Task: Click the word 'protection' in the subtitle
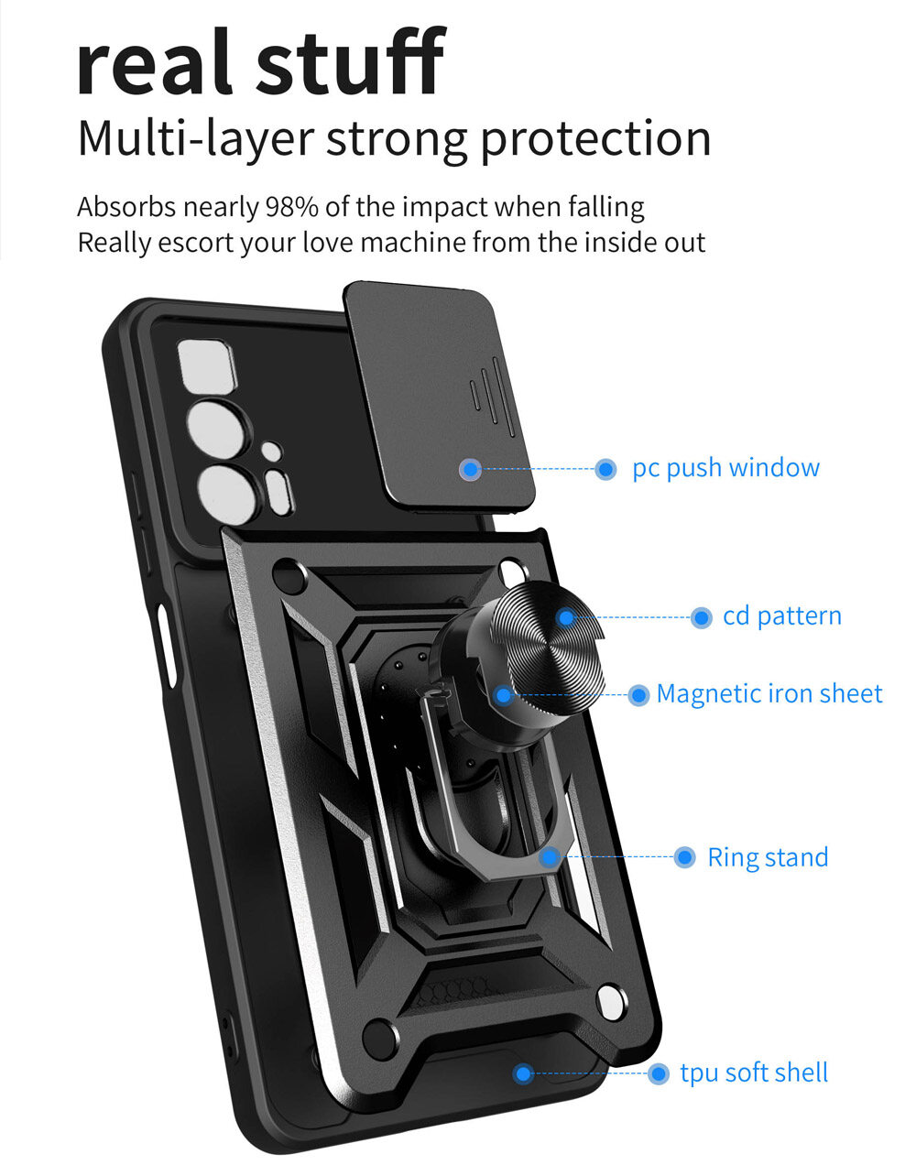pos(596,138)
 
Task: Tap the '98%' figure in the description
pos(292,207)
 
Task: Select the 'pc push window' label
pos(725,468)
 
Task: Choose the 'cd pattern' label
pos(781,615)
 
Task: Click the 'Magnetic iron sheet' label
pos(769,693)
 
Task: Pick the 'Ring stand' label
pos(767,857)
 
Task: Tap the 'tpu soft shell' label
pos(753,1073)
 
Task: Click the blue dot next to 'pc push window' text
pos(605,469)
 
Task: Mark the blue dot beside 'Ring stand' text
pos(684,857)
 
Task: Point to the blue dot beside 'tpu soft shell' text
pos(658,1073)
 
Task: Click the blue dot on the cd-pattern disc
pos(565,617)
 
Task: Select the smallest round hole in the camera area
pos(272,451)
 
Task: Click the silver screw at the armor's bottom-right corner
pos(608,1000)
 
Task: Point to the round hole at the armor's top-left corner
pos(293,575)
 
